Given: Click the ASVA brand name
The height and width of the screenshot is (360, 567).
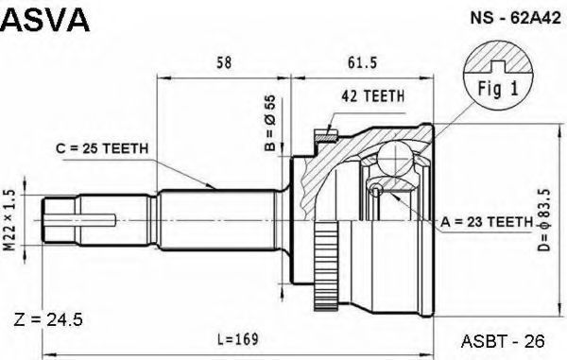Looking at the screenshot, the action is (x=44, y=20).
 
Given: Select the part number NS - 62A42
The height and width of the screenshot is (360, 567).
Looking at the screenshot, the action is (x=515, y=18).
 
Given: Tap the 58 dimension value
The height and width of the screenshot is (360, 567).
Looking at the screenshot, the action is (x=223, y=63).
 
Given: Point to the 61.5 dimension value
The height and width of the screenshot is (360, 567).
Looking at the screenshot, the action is (x=362, y=63).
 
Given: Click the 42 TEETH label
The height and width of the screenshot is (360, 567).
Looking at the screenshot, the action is (x=373, y=95).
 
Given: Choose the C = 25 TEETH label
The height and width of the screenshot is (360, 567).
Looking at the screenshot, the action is (x=102, y=148).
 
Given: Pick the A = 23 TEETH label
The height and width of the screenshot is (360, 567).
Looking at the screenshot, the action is (x=487, y=221).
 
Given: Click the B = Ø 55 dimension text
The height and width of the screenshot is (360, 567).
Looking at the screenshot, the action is (x=270, y=123).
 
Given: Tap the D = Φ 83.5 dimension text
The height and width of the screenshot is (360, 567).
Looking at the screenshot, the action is (x=544, y=220).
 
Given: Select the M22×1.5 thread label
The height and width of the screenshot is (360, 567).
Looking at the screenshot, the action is (x=9, y=219).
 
